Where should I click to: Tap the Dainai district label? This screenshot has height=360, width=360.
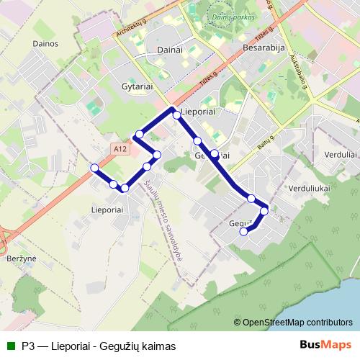(168, 50)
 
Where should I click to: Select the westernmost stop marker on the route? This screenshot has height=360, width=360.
(94, 168)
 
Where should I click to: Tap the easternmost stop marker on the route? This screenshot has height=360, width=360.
(264, 211)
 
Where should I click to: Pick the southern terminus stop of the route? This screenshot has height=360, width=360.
(243, 231)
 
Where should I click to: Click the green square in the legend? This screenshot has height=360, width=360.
(12, 345)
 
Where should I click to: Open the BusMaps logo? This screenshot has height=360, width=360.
(326, 345)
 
